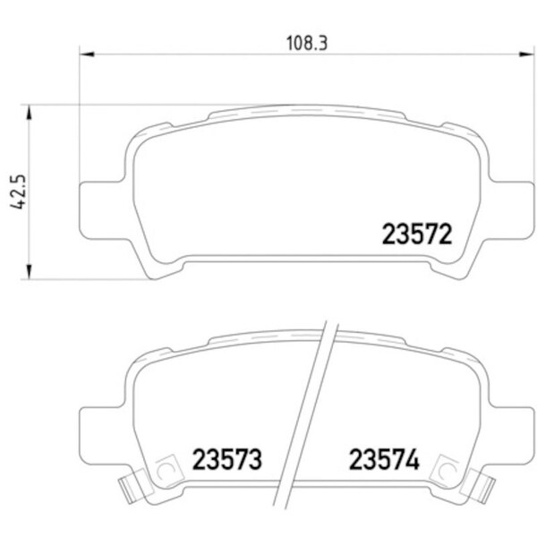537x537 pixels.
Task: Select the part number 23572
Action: [415, 236]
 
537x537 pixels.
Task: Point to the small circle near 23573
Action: [165, 469]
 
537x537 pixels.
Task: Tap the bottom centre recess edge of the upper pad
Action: [304, 257]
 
